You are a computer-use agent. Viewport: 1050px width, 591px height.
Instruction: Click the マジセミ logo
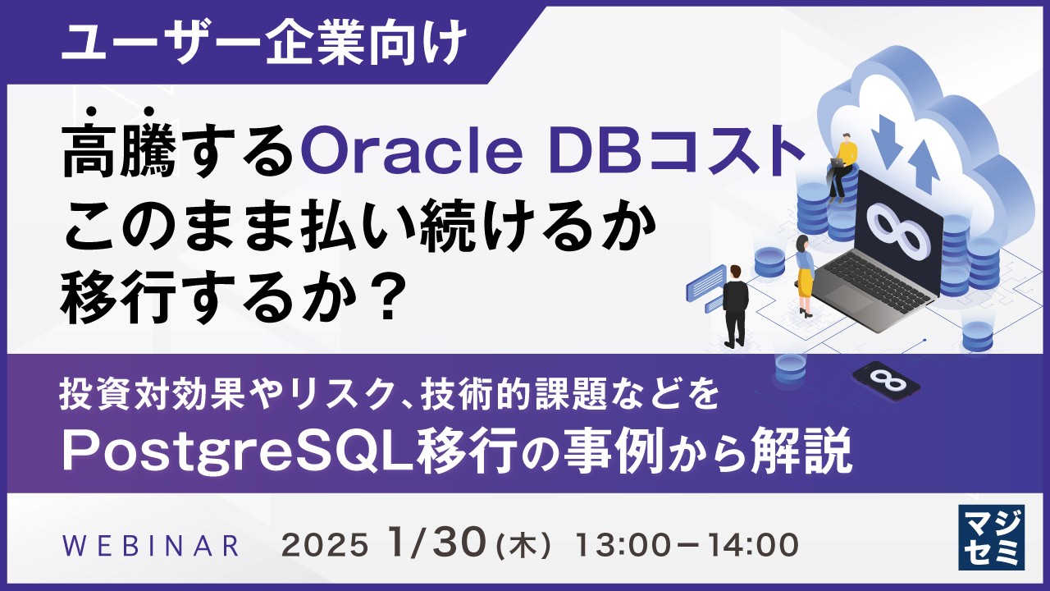click(x=991, y=537)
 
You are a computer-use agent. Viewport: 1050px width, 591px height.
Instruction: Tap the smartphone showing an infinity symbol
click(x=886, y=380)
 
